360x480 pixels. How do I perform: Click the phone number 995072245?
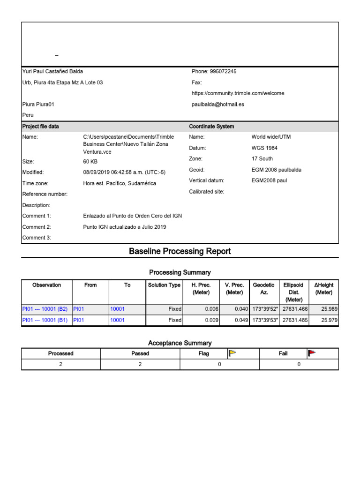[223, 72]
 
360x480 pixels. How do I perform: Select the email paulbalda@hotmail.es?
[218, 105]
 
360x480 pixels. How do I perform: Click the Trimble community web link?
[238, 93]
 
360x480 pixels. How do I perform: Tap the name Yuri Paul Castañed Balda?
[52, 72]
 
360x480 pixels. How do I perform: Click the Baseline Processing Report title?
[180, 251]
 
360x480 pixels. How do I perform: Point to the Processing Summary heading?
[180, 272]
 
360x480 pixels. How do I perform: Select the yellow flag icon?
[232, 353]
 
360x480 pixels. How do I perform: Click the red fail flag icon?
[312, 353]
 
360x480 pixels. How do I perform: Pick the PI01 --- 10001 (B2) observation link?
[45, 309]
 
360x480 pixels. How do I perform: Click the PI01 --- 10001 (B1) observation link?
[45, 321]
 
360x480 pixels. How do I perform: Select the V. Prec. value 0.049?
[241, 321]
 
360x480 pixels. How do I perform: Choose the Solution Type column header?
[164, 285]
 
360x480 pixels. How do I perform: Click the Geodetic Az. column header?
[263, 288]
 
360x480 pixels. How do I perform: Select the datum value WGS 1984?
[264, 148]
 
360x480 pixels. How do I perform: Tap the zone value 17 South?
[262, 159]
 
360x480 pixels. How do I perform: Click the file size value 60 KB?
[90, 162]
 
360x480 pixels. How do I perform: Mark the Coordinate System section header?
[211, 127]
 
